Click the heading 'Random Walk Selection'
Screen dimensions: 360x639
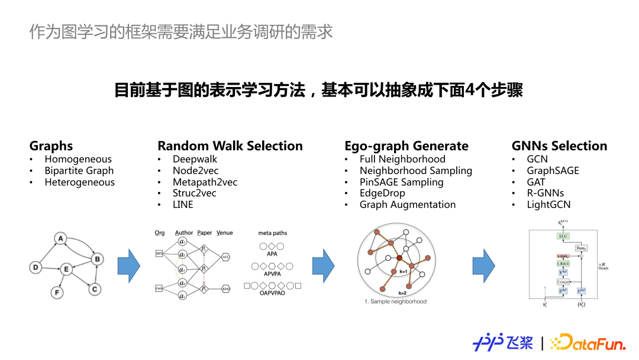pos(230,146)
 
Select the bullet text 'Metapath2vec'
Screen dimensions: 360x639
pos(205,182)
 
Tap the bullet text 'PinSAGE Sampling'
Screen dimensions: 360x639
pos(401,182)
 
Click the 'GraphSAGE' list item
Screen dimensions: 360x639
pos(553,171)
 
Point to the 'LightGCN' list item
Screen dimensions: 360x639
pos(548,205)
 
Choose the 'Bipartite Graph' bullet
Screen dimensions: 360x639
pos(79,171)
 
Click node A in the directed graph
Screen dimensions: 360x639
pos(60,239)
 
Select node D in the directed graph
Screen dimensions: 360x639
pos(35,268)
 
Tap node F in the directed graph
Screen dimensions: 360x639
pos(57,292)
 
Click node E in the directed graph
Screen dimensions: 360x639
pos(66,269)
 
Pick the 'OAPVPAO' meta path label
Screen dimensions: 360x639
pos(272,293)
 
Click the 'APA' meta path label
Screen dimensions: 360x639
pos(272,253)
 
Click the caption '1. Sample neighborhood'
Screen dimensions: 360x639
pos(395,301)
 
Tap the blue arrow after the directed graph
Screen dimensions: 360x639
pos(129,266)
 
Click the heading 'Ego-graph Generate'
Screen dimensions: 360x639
pos(406,146)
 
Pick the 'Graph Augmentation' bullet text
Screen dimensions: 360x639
pos(407,205)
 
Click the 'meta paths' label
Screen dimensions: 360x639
pos(273,233)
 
